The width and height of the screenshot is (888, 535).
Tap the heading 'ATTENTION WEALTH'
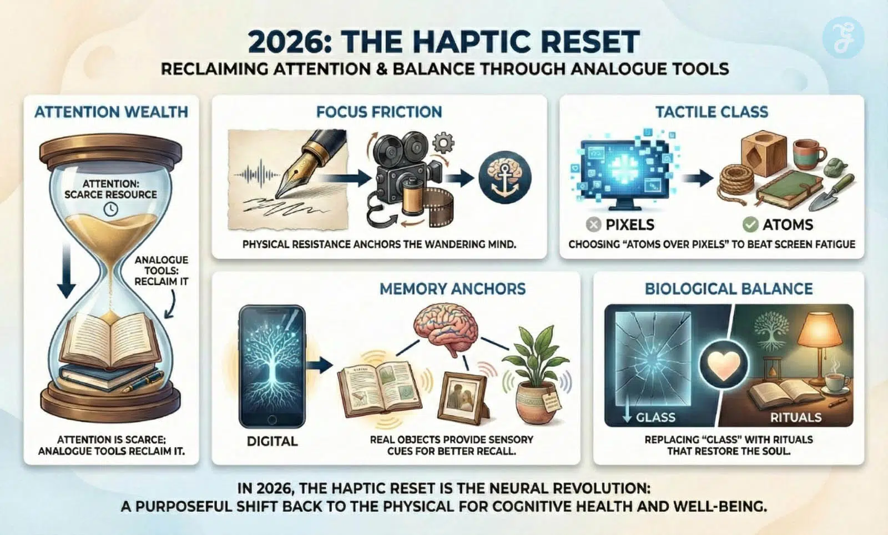111,112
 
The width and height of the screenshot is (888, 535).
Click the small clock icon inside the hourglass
110,209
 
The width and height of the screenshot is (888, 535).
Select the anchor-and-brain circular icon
504,178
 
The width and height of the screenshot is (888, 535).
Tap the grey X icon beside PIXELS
593,225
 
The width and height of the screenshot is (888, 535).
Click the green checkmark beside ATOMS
750,225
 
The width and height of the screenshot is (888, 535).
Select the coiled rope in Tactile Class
736,183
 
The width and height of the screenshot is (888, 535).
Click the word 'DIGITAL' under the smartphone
272,441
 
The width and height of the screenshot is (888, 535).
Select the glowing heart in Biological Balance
724,364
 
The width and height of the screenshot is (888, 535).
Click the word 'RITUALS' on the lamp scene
796,417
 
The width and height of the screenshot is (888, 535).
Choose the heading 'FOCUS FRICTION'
379,112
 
